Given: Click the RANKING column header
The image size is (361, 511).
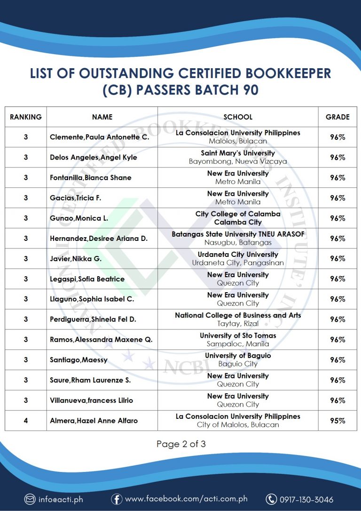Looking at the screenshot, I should point(26,117).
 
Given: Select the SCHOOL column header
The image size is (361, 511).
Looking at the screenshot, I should point(238,117).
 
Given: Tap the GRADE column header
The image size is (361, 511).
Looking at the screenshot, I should point(337,117).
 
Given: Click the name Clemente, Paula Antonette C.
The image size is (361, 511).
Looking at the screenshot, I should point(99,137).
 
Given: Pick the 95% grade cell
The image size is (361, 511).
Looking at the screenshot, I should point(337,421).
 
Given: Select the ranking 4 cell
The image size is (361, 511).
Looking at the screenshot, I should point(26,421).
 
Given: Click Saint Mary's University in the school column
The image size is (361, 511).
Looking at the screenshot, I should point(238,153).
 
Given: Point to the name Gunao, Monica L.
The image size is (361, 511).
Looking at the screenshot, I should point(79,218).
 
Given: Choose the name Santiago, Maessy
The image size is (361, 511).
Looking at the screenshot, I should point(78,360).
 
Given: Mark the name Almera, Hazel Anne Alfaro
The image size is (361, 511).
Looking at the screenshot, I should point(94,421).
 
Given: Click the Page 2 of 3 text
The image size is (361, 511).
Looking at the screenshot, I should point(181,444).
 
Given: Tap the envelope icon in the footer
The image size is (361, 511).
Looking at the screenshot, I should point(30,499).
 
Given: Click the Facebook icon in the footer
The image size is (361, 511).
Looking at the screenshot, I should point(117,499).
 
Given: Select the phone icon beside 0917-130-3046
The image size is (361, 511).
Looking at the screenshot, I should point(271,499).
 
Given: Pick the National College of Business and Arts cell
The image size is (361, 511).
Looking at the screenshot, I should point(238,315).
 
